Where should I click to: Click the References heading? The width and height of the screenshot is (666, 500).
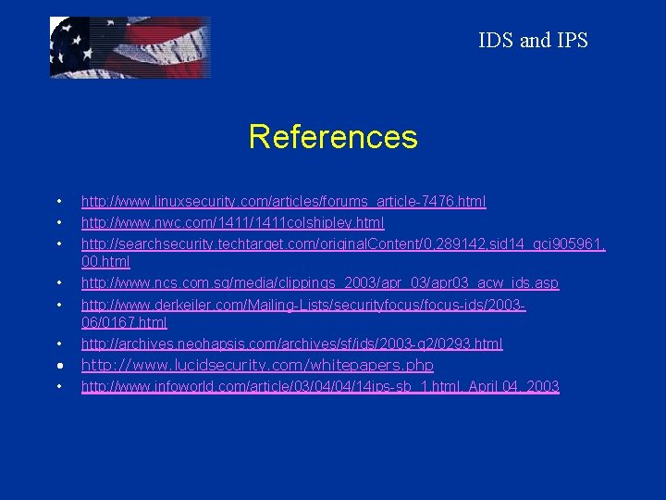click(333, 137)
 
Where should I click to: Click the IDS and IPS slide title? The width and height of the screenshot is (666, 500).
click(533, 40)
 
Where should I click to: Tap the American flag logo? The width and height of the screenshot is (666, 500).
click(129, 47)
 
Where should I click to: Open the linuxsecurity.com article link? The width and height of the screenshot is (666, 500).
click(283, 201)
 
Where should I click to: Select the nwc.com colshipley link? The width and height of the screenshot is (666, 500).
click(232, 222)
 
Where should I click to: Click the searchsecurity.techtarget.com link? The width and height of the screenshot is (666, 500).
click(342, 243)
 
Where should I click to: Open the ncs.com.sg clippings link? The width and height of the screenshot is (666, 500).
click(320, 282)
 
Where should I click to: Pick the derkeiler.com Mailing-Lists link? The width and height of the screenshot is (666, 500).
click(303, 304)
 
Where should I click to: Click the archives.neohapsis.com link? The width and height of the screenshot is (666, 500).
click(291, 344)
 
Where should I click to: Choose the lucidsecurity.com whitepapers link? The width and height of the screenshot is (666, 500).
click(257, 365)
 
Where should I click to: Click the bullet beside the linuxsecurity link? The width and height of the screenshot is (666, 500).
click(58, 201)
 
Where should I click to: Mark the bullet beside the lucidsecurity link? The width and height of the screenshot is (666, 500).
click(58, 365)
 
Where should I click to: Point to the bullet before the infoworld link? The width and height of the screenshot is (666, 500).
click(58, 386)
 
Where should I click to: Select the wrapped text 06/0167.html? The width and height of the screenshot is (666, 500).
click(124, 322)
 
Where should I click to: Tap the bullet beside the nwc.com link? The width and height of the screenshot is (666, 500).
click(58, 222)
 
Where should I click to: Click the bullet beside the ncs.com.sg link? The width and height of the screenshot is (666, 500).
click(58, 282)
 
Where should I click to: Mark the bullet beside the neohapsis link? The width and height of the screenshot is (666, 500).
click(58, 344)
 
